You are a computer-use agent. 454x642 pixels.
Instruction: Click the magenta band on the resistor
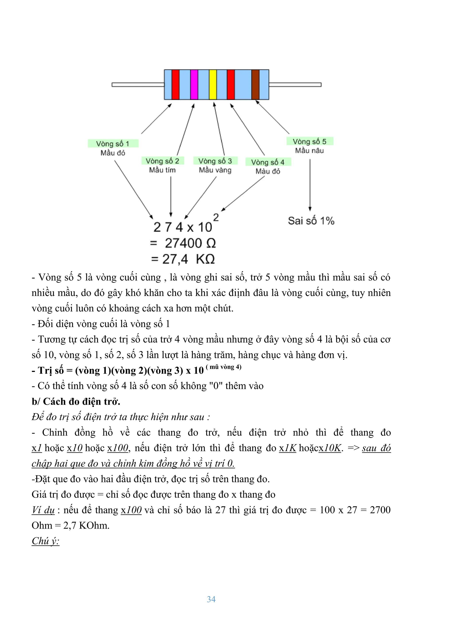194,85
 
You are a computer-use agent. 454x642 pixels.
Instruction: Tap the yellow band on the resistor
213,85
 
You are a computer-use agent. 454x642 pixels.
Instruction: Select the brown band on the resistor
255,85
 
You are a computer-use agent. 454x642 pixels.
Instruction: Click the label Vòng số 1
113,144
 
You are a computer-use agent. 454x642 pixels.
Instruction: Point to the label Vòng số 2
162,161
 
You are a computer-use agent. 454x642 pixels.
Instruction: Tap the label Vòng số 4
268,162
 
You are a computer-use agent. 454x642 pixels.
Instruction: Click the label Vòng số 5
309,142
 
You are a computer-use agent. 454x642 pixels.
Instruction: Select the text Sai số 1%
311,221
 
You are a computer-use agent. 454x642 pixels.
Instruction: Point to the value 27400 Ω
190,243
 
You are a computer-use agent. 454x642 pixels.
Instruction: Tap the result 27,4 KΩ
188,259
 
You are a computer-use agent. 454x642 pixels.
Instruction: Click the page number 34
211,599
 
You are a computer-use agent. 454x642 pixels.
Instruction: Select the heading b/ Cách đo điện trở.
76,402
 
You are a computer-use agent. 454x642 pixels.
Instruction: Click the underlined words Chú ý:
45,541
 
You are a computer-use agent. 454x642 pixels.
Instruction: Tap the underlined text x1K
288,448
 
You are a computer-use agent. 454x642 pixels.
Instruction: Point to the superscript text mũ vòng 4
223,367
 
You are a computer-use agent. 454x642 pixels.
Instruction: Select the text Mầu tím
162,170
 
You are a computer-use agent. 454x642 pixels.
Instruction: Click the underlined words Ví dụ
43,510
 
